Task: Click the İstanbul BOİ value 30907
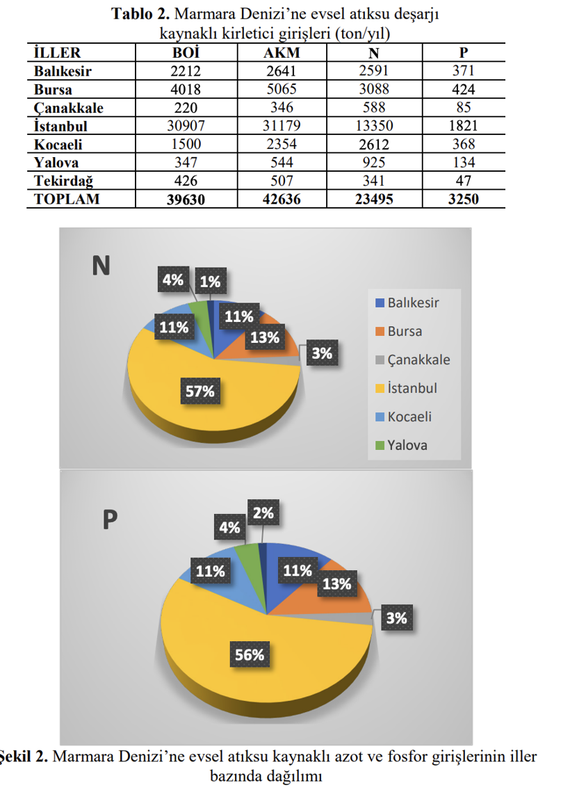(x=186, y=126)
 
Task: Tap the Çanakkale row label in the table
(x=69, y=108)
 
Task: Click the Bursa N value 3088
(x=373, y=90)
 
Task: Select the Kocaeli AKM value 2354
(x=282, y=144)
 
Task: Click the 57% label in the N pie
(x=199, y=392)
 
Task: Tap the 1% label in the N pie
(x=210, y=282)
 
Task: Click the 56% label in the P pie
(x=249, y=654)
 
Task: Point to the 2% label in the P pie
(x=263, y=513)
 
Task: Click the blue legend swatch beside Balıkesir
(x=380, y=303)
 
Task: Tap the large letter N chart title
(x=101, y=266)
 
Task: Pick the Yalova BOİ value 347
(x=186, y=163)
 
